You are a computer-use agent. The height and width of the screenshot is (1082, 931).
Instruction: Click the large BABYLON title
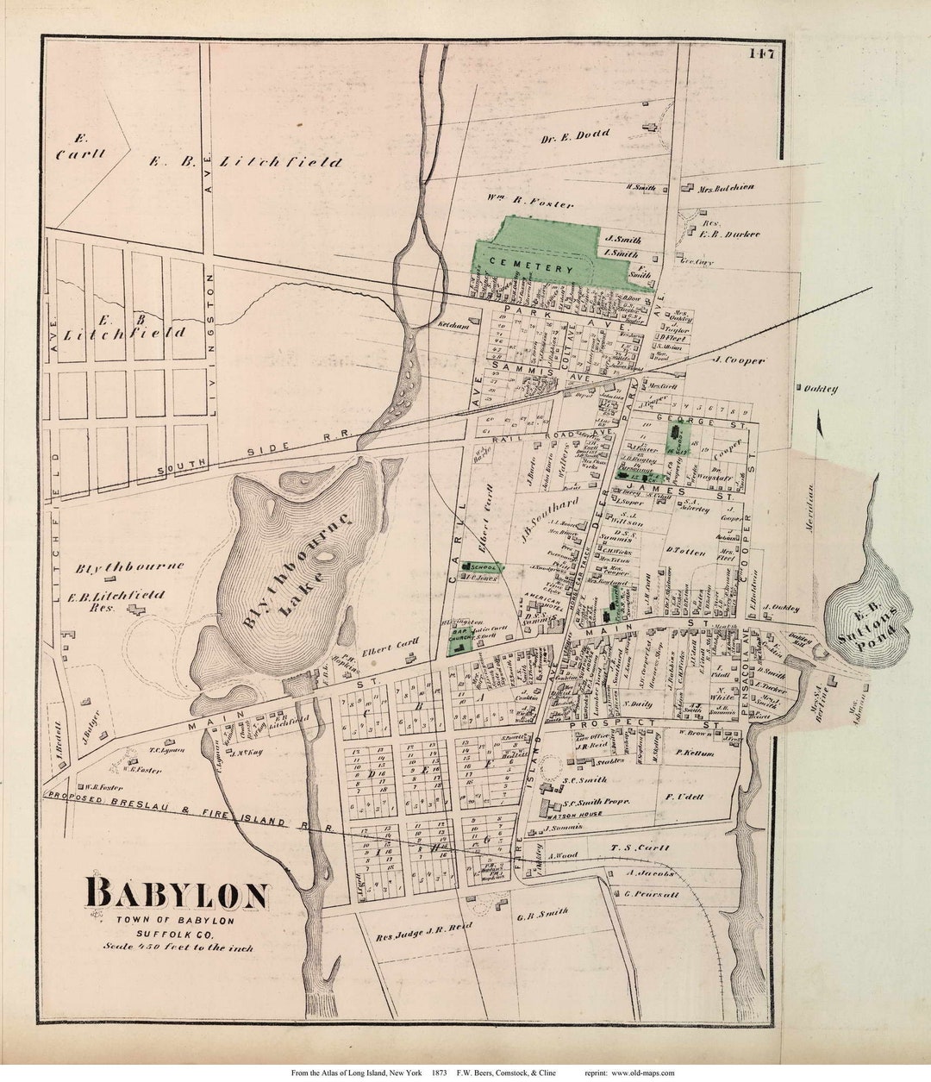177,894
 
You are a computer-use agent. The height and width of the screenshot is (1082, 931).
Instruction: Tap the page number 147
761,53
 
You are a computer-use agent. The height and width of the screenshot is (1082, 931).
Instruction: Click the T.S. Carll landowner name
640,848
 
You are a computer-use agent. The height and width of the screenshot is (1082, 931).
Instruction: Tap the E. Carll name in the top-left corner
81,147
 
